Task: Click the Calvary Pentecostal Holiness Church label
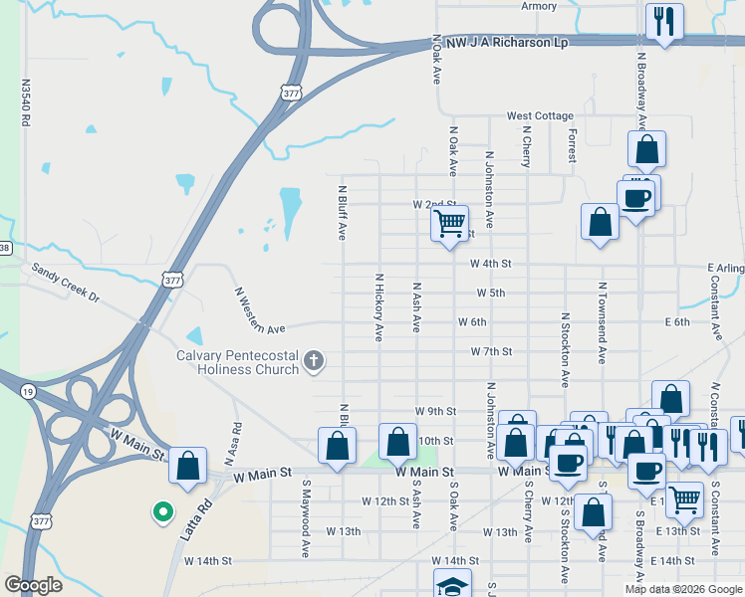[x=237, y=362]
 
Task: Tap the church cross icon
[x=314, y=360]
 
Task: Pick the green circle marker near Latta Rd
[x=161, y=512]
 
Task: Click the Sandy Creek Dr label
[x=66, y=283]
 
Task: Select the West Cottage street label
[x=540, y=116]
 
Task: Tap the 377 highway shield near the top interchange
[x=291, y=93]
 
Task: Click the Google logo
[x=33, y=585]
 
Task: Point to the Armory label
[x=539, y=6]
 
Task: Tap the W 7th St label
[x=491, y=351]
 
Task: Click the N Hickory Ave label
[x=378, y=308]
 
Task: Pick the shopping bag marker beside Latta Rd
[x=187, y=466]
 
